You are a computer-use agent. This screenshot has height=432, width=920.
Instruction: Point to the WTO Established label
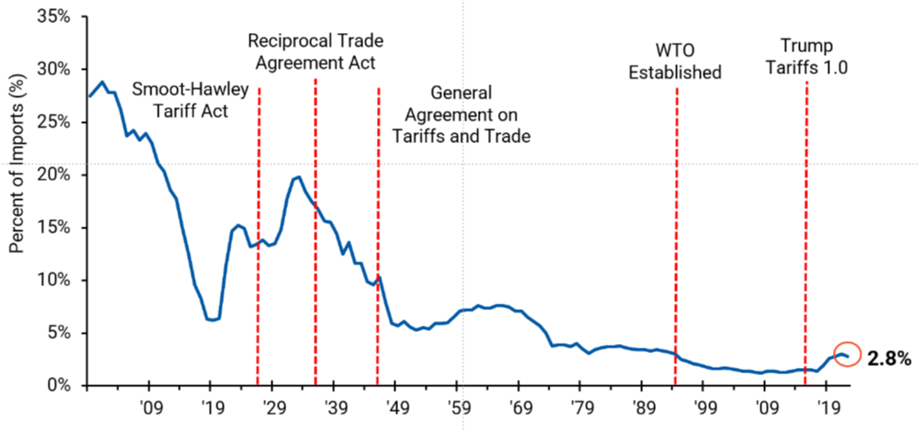(x=675, y=61)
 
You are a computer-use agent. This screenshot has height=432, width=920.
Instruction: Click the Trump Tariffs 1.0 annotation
(x=807, y=56)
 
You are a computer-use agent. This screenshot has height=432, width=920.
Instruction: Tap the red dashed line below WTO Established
(x=676, y=229)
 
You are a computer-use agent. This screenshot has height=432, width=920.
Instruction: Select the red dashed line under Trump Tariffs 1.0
(x=806, y=229)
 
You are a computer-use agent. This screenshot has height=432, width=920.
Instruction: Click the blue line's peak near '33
(x=297, y=177)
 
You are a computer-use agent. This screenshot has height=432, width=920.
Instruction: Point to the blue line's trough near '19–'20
(x=212, y=320)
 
